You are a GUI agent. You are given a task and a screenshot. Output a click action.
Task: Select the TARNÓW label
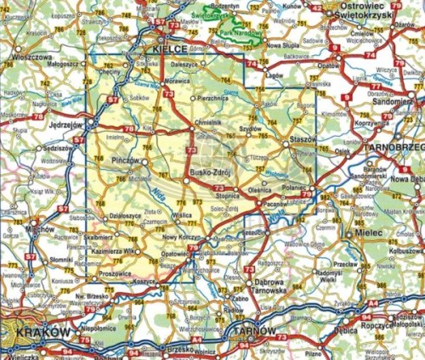[x=254, y=331]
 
